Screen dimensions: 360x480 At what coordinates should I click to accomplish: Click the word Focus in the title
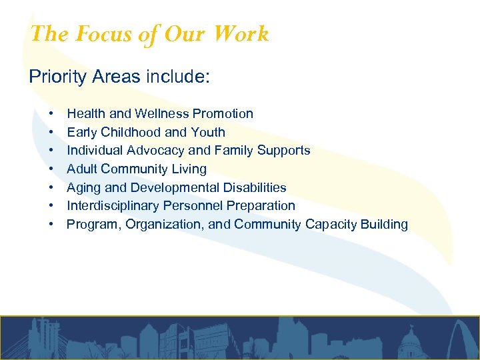103,34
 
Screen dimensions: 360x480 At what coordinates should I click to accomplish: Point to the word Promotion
223,114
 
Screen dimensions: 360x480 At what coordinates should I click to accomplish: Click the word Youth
208,132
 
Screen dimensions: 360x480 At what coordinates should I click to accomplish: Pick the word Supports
284,151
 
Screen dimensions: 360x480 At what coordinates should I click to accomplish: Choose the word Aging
84,188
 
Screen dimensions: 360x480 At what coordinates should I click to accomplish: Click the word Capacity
329,225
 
